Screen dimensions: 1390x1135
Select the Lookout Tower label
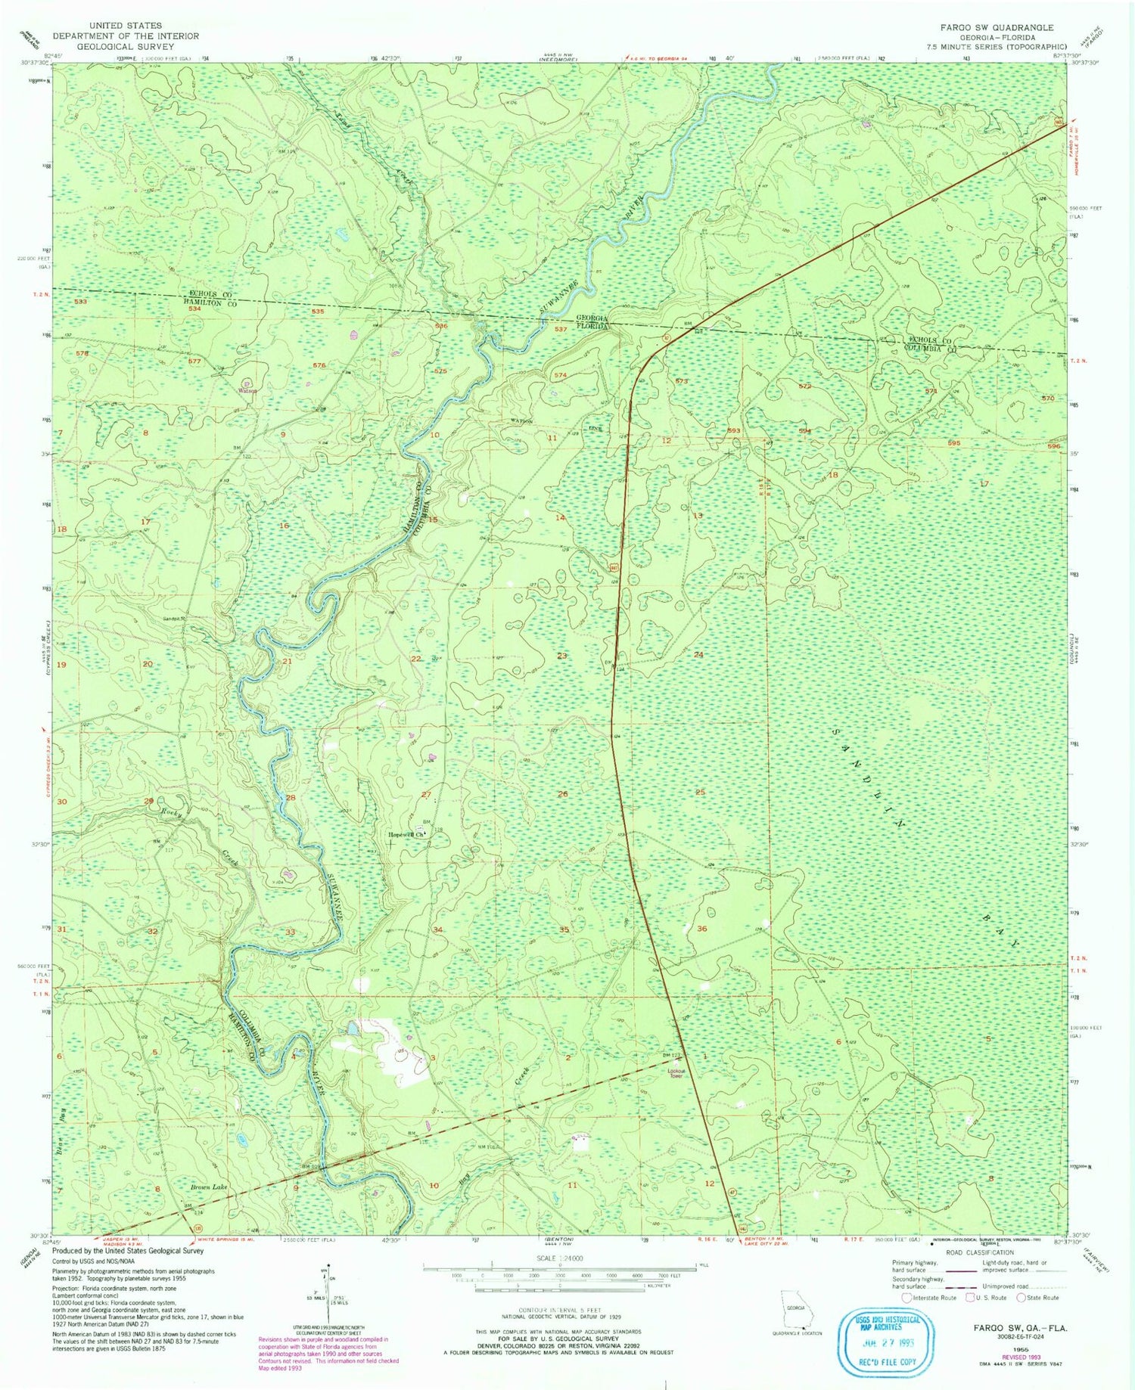click(676, 1073)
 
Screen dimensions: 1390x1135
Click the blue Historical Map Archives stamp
click(884, 1344)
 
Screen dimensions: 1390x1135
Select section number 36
click(702, 929)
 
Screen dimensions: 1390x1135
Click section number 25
click(700, 793)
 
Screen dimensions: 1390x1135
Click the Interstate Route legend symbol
click(906, 1298)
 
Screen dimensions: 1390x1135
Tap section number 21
click(287, 662)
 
